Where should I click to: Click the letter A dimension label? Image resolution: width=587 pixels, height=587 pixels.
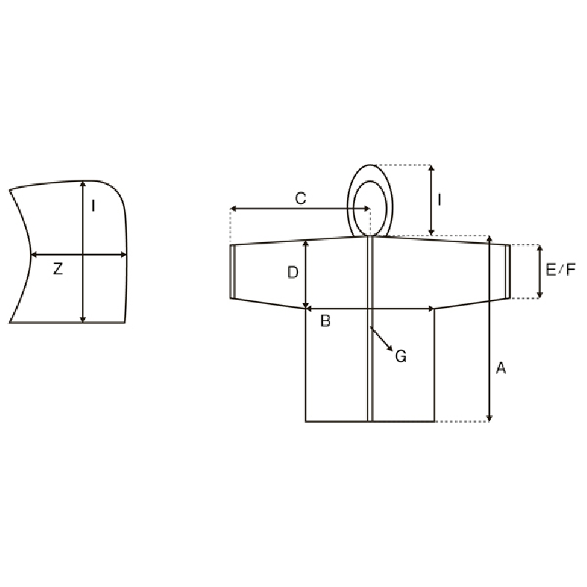(501, 368)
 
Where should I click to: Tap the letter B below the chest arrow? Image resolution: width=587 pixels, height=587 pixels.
(325, 321)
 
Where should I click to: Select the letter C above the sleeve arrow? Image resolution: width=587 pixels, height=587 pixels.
(301, 198)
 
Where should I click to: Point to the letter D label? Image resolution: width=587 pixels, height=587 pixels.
(293, 272)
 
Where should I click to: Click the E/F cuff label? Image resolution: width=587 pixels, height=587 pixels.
(561, 269)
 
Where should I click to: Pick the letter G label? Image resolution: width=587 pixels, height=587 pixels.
(401, 356)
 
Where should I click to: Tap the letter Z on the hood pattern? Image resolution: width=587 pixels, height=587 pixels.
(58, 269)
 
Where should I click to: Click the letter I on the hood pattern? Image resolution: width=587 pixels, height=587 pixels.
(93, 205)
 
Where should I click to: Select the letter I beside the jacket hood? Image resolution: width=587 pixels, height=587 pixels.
(439, 200)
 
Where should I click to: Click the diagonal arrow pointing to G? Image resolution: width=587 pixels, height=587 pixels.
(381, 339)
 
